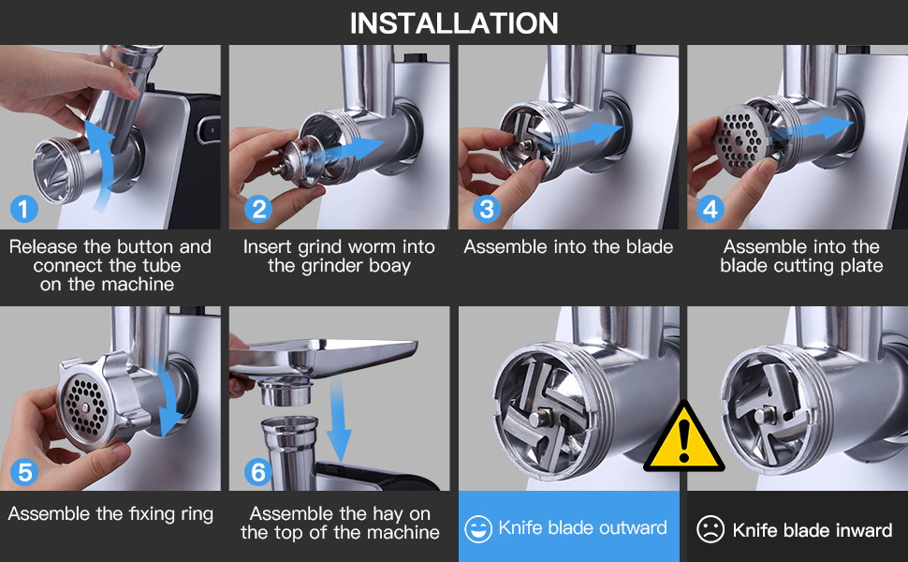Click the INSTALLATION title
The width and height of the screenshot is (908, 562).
coord(454,23)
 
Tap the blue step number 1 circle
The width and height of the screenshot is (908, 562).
coord(23,209)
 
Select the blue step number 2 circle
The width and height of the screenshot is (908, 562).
coord(258,209)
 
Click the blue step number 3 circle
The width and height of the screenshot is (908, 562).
coord(487,209)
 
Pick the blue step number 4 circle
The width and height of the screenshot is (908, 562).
coord(710,209)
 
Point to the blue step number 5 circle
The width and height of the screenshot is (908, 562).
coord(24,472)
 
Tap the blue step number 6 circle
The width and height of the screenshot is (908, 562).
coord(258,472)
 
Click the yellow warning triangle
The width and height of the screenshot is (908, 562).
coord(684,437)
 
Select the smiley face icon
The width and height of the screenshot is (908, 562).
coord(478,529)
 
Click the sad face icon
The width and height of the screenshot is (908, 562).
coord(710,529)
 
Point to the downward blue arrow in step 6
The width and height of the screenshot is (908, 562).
coord(339,417)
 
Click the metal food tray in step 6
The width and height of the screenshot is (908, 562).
coord(324,355)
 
